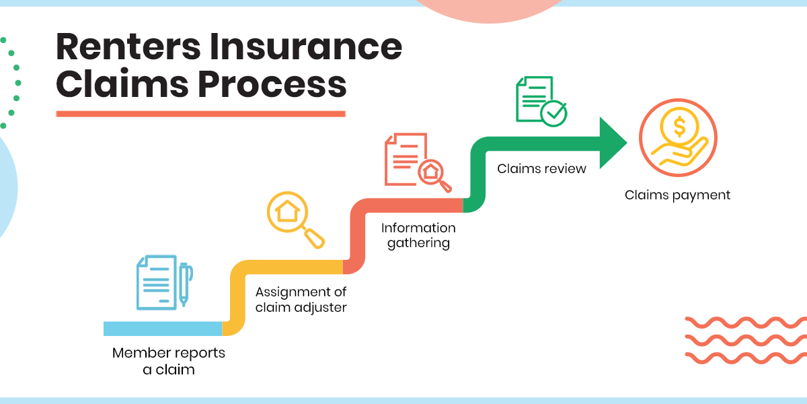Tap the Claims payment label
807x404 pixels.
pos(677,195)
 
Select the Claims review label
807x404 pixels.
pos(541,168)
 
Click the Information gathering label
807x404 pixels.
pos(418,236)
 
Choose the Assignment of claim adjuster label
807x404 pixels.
pos(301,300)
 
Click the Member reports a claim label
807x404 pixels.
pos(169,361)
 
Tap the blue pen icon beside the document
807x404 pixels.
pos(184,283)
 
